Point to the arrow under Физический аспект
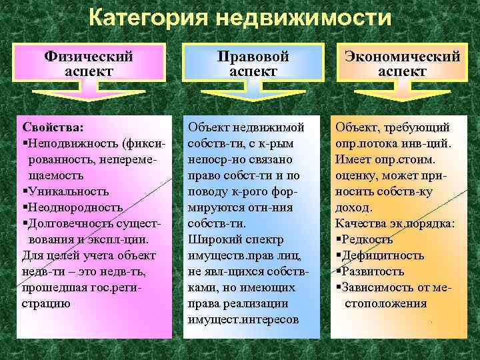pos(88,95)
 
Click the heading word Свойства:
pos(53,127)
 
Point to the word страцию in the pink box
pos(47,303)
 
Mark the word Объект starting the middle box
pos(210,127)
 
